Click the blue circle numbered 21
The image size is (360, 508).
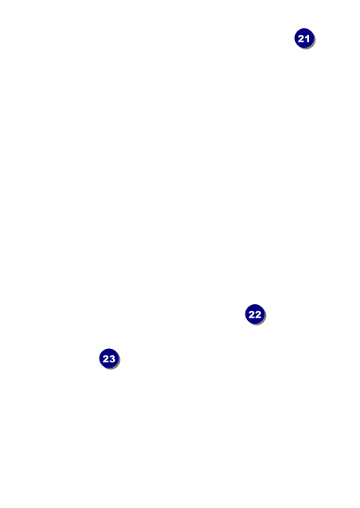tap(304, 38)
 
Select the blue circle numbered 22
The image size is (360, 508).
tap(255, 314)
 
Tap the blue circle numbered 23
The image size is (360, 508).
tap(109, 358)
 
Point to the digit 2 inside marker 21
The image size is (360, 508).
tap(301, 39)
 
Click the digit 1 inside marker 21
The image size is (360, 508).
tap(307, 39)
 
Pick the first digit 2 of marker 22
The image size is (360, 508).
tap(252, 314)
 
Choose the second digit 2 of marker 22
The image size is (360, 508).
tap(258, 314)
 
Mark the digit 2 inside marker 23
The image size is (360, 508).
tap(106, 359)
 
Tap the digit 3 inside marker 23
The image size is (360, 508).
tap(112, 359)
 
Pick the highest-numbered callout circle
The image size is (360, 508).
tap(109, 358)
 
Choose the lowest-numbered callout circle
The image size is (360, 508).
tap(304, 38)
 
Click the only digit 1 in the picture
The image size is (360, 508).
tap(307, 39)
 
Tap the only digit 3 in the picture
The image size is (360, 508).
tap(112, 359)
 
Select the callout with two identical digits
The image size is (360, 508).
tap(255, 314)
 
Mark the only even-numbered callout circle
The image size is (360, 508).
tap(255, 314)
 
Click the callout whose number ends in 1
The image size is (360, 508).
tap(304, 38)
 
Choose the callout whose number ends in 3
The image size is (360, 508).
tap(109, 358)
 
